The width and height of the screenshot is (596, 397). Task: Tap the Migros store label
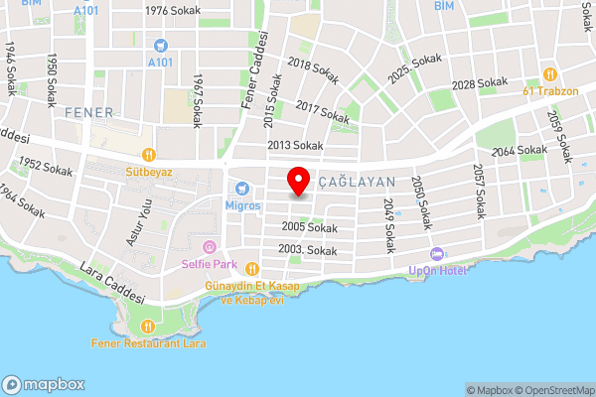coord(242,205)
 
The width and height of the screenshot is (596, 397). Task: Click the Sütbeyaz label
coord(149,172)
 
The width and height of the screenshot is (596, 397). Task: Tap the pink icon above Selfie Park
coord(209,246)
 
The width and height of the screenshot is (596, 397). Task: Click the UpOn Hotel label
coord(436,270)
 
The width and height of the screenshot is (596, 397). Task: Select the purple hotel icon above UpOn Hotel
coord(436,252)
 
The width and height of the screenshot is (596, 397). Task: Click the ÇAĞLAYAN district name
coord(359,183)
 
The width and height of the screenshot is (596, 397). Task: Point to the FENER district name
coord(90,112)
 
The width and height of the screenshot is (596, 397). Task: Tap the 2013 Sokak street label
coord(295,146)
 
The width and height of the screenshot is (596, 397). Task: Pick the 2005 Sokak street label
coord(309,227)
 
